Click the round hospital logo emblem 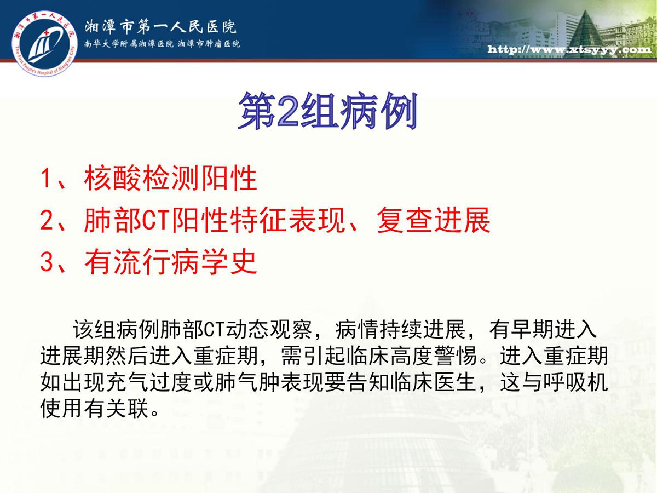(44, 44)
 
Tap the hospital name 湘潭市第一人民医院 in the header (160, 27)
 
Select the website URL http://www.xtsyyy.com (569, 49)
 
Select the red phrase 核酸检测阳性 (171, 179)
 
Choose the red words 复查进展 (434, 220)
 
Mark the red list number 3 (47, 262)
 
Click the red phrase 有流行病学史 (171, 262)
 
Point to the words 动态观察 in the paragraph (269, 330)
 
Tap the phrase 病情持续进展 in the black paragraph (400, 330)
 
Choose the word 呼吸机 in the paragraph (575, 382)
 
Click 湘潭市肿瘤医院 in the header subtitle (209, 44)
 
